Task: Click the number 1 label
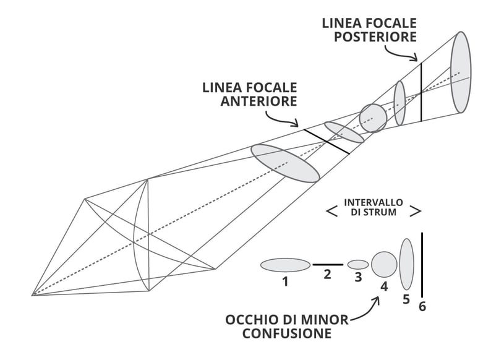click(285, 281)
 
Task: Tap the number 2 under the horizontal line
click(328, 273)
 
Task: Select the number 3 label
click(358, 278)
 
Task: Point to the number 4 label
click(384, 286)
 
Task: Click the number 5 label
click(406, 299)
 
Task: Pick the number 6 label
click(422, 306)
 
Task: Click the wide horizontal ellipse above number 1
click(285, 265)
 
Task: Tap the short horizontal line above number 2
click(328, 264)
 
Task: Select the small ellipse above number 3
click(358, 265)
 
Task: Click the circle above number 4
click(384, 264)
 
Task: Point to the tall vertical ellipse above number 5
click(406, 264)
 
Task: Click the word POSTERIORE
click(375, 37)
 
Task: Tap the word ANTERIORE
click(258, 101)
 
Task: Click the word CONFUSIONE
click(286, 335)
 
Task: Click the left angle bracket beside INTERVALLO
click(331, 212)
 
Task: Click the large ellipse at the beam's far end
click(461, 72)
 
